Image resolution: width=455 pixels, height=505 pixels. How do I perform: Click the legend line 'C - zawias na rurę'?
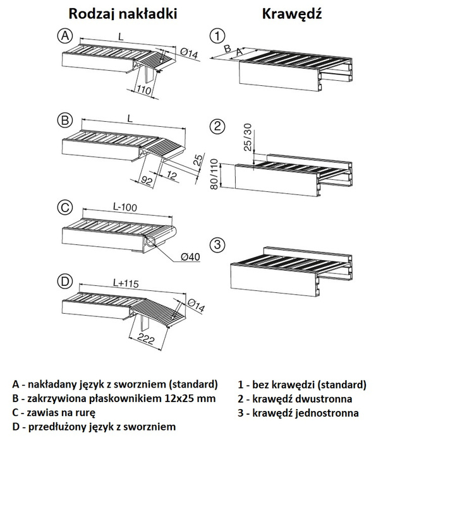pyautogui.click(x=54, y=412)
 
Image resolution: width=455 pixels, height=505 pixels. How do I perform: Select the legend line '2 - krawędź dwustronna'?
pyautogui.click(x=294, y=398)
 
